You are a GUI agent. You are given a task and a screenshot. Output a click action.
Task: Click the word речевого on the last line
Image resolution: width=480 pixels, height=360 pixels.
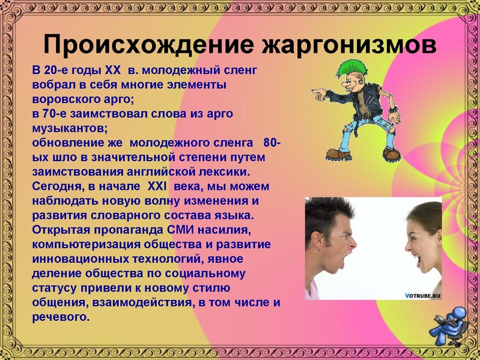[x=61, y=316]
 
